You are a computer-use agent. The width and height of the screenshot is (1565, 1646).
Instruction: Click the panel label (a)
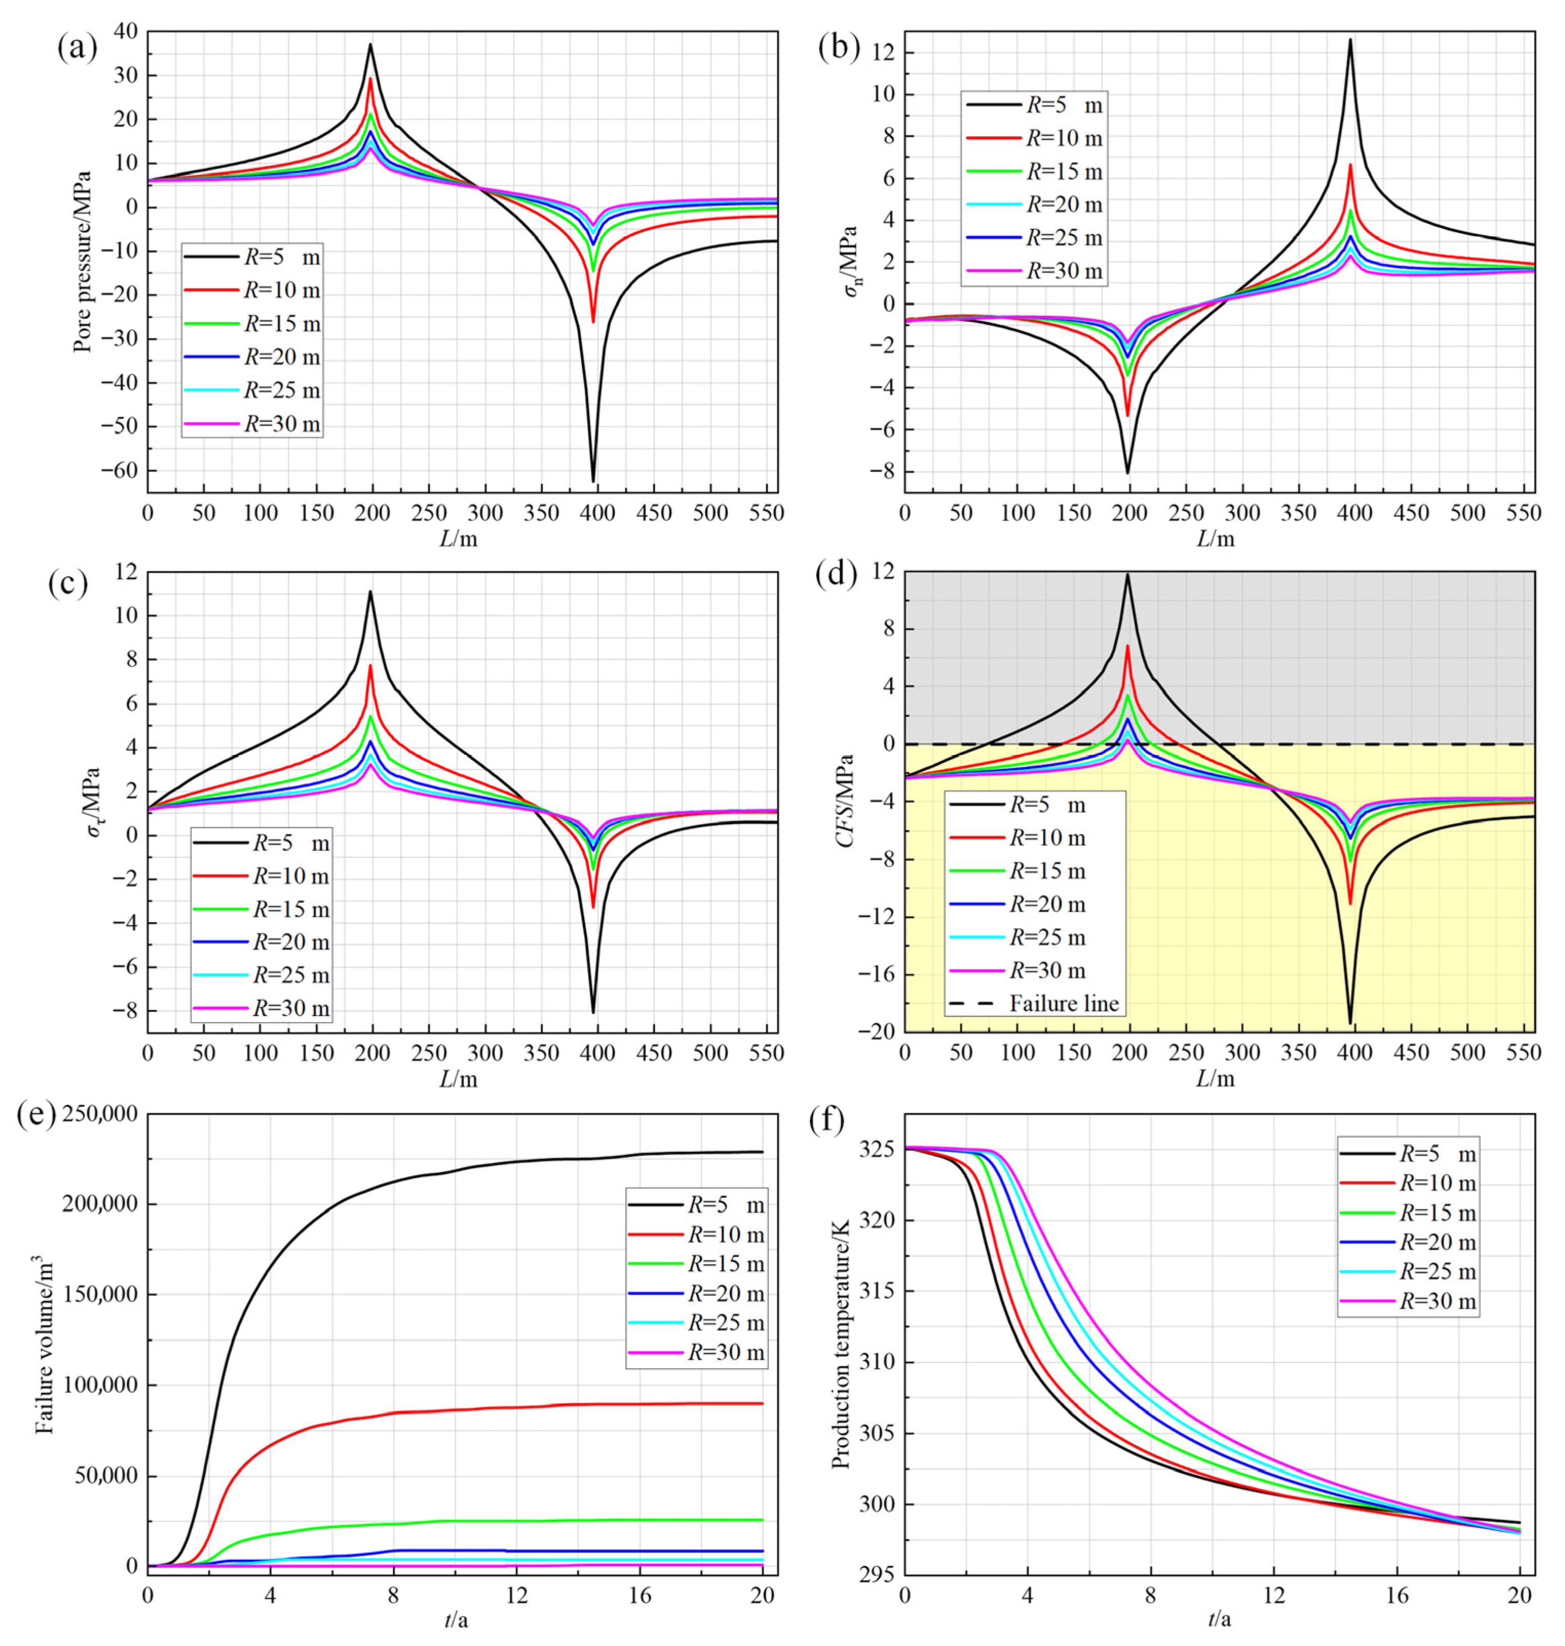pos(77,48)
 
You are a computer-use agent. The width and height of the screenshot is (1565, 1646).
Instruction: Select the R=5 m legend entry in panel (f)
pos(1437,1154)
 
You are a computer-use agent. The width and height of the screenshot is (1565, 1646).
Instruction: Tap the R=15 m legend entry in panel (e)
pos(725,1264)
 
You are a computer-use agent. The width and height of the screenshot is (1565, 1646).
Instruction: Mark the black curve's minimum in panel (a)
pos(593,482)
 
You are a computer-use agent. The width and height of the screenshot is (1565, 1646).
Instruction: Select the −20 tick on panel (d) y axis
pos(875,1032)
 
